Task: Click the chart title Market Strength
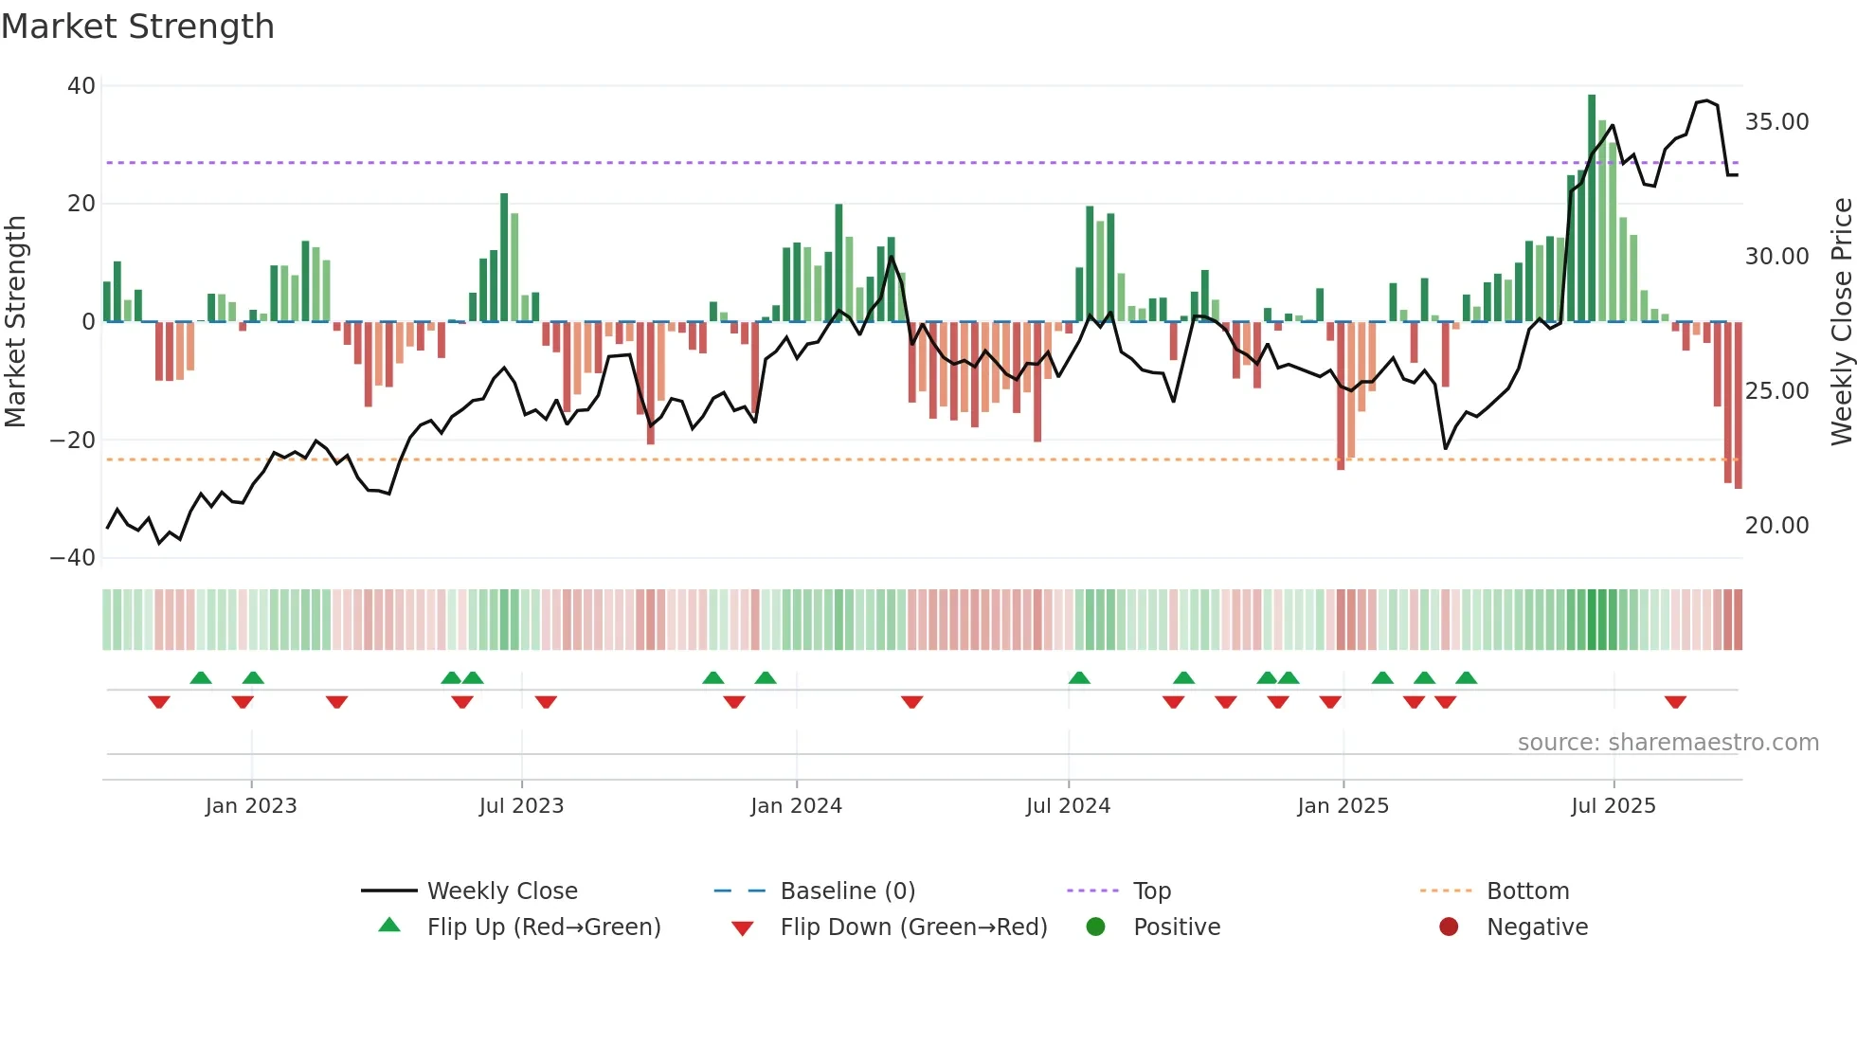click(x=137, y=27)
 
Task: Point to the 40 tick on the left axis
click(x=81, y=86)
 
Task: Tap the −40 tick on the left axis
click(x=73, y=558)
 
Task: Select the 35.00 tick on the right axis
click(x=1776, y=122)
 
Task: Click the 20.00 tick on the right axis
click(x=1776, y=526)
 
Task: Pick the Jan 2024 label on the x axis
click(x=796, y=806)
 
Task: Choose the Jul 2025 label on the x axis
click(x=1613, y=806)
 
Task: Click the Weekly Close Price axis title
click(x=1841, y=322)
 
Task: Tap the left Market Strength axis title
click(x=16, y=322)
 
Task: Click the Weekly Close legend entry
click(x=501, y=891)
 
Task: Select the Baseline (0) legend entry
click(x=847, y=891)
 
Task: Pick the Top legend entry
click(x=1151, y=891)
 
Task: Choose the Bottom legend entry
click(x=1527, y=891)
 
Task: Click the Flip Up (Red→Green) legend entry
click(x=543, y=927)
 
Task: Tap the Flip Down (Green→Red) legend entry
click(x=913, y=927)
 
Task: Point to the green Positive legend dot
click(x=1096, y=927)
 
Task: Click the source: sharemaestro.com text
click(x=1668, y=743)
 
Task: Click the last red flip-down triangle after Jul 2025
click(x=1675, y=702)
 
